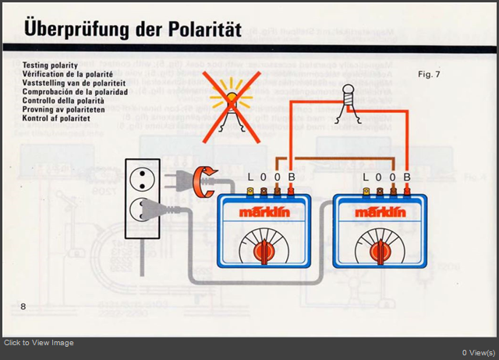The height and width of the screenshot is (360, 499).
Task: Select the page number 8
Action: pyautogui.click(x=23, y=306)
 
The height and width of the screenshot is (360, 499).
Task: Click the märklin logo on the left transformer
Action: pyautogui.click(x=264, y=212)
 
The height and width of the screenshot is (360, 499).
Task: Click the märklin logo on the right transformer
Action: pyautogui.click(x=380, y=212)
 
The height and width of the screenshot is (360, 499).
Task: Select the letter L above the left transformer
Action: pyautogui.click(x=250, y=178)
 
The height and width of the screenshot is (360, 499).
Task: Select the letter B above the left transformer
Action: pyautogui.click(x=291, y=178)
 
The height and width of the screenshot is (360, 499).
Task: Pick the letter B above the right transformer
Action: pyautogui.click(x=406, y=178)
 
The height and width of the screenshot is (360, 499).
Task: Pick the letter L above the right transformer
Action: pyautogui.click(x=366, y=178)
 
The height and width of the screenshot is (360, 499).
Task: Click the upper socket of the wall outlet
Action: pyautogui.click(x=142, y=177)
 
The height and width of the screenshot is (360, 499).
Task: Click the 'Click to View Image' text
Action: pyautogui.click(x=39, y=343)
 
